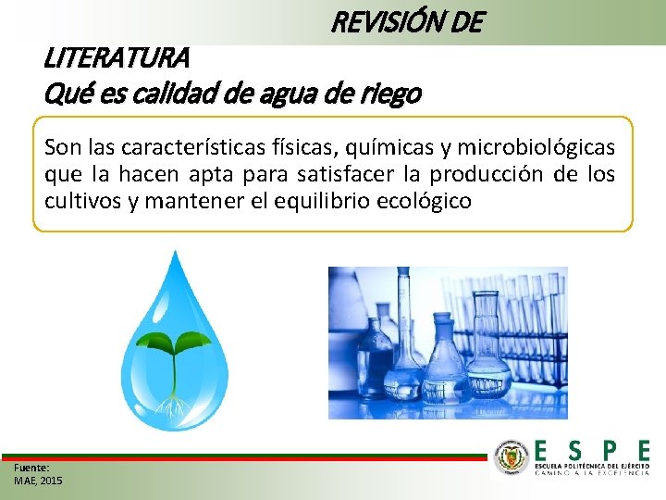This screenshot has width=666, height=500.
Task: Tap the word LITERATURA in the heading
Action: (117, 58)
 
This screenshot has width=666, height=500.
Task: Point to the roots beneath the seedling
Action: (172, 404)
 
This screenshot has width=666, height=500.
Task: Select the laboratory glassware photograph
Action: (448, 343)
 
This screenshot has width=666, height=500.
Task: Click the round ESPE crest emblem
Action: (512, 458)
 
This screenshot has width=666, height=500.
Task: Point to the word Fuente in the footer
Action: (31, 469)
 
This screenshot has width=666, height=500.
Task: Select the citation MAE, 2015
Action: (39, 481)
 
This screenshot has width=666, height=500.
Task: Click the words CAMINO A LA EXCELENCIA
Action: (593, 472)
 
